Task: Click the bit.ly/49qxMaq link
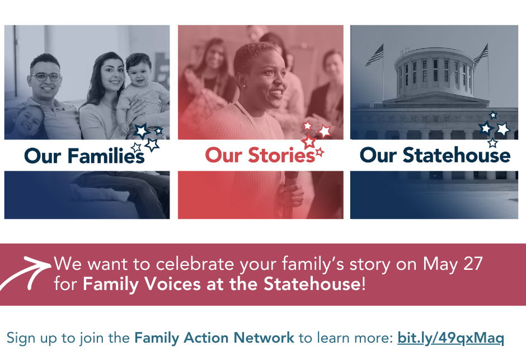450,338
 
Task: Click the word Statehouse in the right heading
457,155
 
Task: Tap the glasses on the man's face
46,77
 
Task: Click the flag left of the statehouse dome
374,55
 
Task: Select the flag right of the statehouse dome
481,55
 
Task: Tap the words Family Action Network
214,338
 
